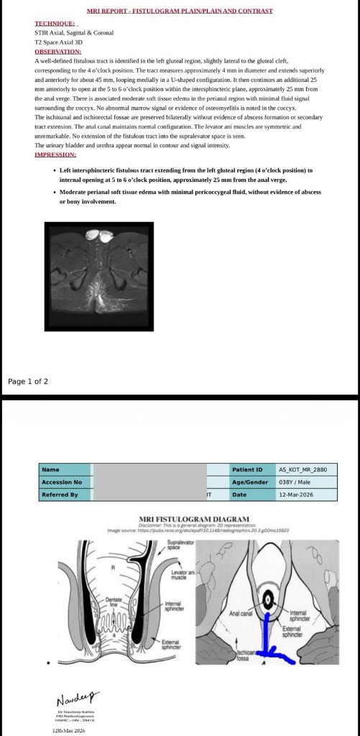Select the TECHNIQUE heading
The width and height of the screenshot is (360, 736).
click(56, 24)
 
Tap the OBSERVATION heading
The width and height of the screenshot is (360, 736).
click(58, 52)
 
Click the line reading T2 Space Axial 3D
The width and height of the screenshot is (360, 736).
click(59, 42)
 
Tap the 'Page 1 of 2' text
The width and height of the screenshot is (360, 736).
click(28, 381)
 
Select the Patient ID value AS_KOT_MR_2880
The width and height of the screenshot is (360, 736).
click(303, 469)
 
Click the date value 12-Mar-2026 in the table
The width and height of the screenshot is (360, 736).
click(295, 495)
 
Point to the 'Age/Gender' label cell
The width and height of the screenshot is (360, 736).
click(249, 482)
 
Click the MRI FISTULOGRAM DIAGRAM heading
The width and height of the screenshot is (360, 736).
click(194, 519)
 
